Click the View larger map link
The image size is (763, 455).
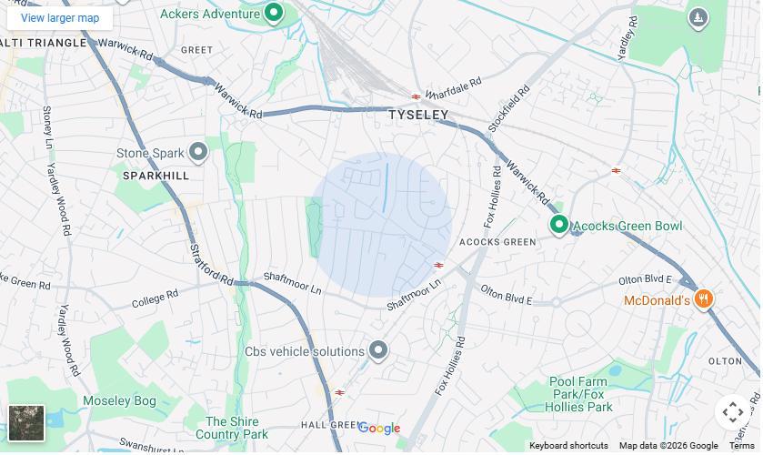(x=60, y=18)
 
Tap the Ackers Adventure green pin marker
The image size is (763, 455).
(x=274, y=13)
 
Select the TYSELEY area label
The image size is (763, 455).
(x=418, y=115)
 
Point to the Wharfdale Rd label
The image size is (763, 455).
(x=453, y=88)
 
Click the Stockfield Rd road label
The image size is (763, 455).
(x=508, y=109)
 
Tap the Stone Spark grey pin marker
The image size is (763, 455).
(x=198, y=152)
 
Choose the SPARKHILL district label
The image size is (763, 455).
(x=156, y=175)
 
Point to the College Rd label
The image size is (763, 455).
(x=155, y=298)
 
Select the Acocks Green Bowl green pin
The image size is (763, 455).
(x=559, y=224)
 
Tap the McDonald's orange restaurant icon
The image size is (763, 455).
(x=703, y=299)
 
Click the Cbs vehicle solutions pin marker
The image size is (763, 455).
(x=378, y=350)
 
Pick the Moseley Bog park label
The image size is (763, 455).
(x=119, y=400)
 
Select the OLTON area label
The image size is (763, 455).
(x=725, y=361)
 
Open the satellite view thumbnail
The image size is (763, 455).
(x=26, y=423)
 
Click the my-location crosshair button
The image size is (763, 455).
(x=733, y=412)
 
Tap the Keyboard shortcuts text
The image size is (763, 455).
(x=568, y=446)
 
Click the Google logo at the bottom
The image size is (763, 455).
(x=379, y=429)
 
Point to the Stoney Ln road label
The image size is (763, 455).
(x=46, y=126)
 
